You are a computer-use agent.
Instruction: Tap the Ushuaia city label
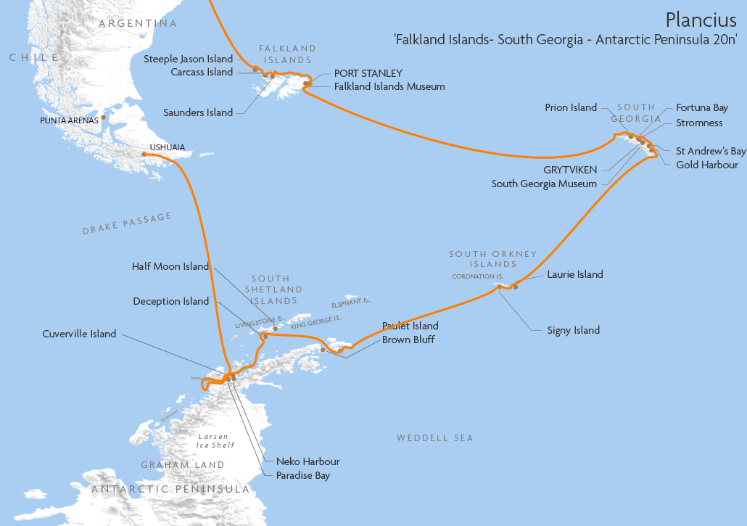pos(167,147)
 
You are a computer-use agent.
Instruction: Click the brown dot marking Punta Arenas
pos(104,117)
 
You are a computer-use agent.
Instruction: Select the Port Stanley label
pos(368,73)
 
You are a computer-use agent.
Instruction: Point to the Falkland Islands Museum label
pos(389,86)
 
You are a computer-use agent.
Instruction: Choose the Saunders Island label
pos(198,112)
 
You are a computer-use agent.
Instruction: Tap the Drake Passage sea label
pos(127,223)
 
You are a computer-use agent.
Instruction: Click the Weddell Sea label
pos(434,438)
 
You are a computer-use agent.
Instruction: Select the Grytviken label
pos(571,170)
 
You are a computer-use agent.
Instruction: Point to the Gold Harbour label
pos(706,165)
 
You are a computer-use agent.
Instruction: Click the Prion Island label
pos(571,107)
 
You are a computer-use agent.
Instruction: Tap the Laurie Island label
pos(575,274)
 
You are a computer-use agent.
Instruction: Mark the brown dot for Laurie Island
pos(516,287)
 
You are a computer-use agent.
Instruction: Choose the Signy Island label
pos(573,330)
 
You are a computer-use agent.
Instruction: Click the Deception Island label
pos(170,301)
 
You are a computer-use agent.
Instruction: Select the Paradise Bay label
pos(302,476)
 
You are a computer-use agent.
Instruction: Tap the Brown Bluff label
pos(408,340)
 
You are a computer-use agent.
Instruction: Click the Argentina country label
pos(138,23)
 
